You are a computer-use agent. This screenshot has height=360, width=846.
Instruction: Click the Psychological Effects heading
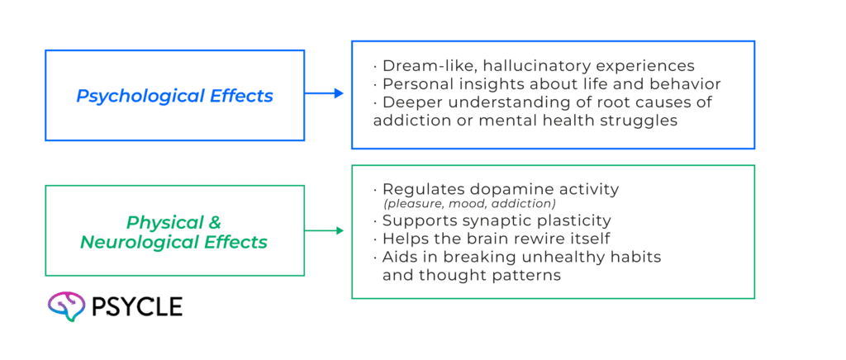click(x=174, y=96)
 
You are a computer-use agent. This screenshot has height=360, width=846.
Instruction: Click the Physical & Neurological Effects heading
click(x=173, y=233)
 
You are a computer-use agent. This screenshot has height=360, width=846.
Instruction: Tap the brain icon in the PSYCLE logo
click(x=67, y=306)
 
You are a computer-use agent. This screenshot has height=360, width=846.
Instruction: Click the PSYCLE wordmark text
click(x=137, y=307)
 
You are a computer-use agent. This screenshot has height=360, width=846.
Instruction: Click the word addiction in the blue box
click(x=407, y=121)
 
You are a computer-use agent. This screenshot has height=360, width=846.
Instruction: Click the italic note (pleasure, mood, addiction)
click(x=468, y=204)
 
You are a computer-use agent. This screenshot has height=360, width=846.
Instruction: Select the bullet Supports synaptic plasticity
click(x=496, y=221)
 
